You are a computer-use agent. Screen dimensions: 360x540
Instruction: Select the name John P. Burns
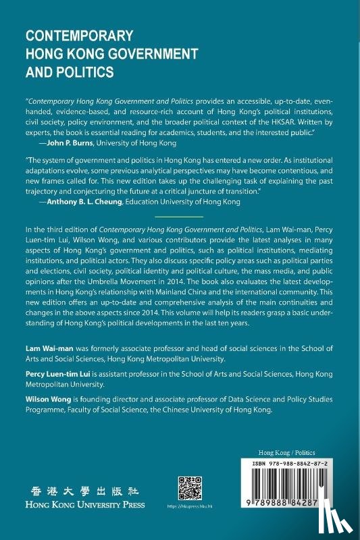(76, 143)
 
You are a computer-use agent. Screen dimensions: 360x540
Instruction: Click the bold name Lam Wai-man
(49, 347)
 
